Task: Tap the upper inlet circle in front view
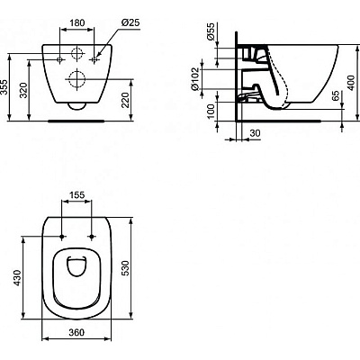coord(76,50)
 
